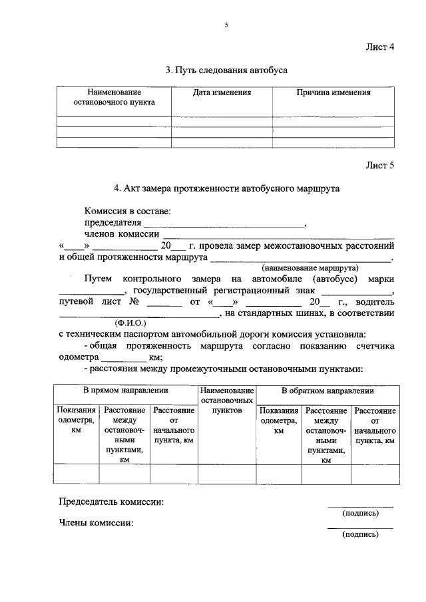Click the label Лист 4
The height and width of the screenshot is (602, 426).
(380, 47)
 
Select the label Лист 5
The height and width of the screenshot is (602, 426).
(380, 166)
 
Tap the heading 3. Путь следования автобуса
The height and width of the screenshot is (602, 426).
(226, 69)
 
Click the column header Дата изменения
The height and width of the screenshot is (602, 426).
(222, 93)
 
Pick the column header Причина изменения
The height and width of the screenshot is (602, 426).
(333, 93)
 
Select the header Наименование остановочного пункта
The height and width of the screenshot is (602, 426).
(114, 98)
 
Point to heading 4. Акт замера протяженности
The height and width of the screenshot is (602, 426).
(226, 188)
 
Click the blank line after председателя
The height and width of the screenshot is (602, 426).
(224, 224)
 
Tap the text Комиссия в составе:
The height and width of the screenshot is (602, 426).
(127, 211)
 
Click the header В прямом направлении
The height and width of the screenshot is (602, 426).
(125, 392)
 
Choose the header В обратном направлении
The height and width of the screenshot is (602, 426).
(327, 392)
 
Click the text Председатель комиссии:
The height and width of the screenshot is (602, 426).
(112, 502)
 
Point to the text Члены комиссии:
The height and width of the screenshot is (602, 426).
(96, 523)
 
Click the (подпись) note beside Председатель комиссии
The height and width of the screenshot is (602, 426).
(360, 514)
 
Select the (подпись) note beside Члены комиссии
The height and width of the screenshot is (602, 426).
(360, 534)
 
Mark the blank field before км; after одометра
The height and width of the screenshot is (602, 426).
(116, 357)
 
